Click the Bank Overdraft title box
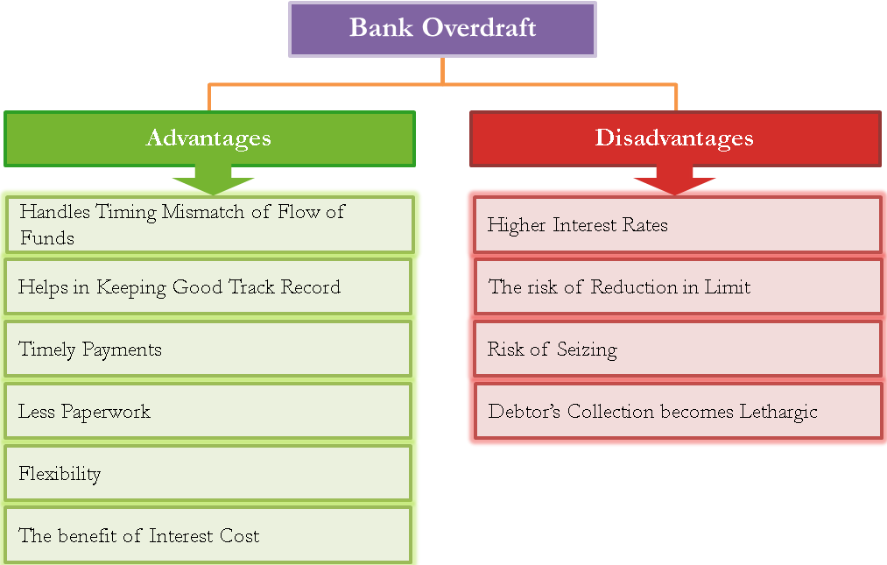point(442,30)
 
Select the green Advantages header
point(210,138)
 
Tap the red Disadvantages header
point(675,138)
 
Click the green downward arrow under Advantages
point(214,180)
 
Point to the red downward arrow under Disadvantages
point(675,180)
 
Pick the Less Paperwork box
point(208,411)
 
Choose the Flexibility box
point(208,473)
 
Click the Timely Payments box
point(208,349)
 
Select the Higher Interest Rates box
point(678,225)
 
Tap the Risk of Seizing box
point(678,349)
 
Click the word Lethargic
point(778,413)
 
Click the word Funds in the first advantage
point(47,237)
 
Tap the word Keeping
point(131,287)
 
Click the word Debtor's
point(524,411)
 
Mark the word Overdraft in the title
point(479,27)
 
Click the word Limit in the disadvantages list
point(728,287)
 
